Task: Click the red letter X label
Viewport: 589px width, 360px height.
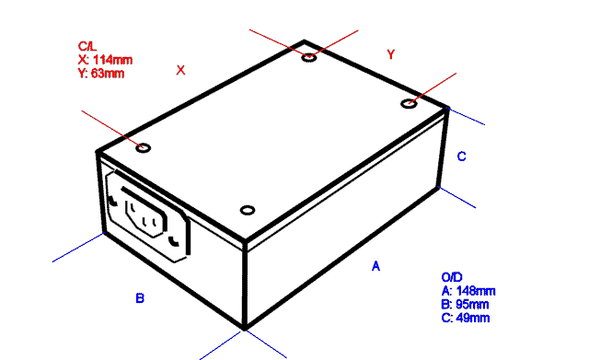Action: click(x=180, y=70)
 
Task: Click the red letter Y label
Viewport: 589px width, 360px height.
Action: click(x=390, y=54)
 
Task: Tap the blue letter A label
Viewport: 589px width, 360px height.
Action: click(x=375, y=266)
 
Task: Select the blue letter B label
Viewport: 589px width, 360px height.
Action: click(x=140, y=298)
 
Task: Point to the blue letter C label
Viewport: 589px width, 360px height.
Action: click(x=462, y=157)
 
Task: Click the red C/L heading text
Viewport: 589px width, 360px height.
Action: click(x=87, y=46)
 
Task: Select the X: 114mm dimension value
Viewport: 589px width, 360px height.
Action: click(x=105, y=60)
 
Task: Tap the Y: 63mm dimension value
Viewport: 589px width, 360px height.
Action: click(x=101, y=73)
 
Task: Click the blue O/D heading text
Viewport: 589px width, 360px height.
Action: click(x=452, y=277)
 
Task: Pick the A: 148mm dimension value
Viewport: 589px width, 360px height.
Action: click(x=468, y=291)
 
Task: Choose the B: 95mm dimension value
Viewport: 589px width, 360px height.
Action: click(x=465, y=304)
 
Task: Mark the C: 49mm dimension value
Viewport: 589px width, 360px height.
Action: click(x=466, y=318)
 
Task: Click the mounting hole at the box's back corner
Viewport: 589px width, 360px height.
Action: click(x=309, y=57)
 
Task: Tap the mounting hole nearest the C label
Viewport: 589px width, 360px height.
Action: click(x=409, y=103)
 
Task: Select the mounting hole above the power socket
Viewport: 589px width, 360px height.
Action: click(x=144, y=148)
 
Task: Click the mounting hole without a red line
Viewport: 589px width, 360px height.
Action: click(x=248, y=210)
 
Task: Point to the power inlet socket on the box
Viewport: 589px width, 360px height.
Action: click(x=148, y=215)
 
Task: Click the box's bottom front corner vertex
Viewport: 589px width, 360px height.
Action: click(x=245, y=330)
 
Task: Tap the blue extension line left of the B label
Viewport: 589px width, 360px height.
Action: click(x=78, y=248)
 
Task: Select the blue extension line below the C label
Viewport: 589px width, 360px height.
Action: click(x=456, y=197)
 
